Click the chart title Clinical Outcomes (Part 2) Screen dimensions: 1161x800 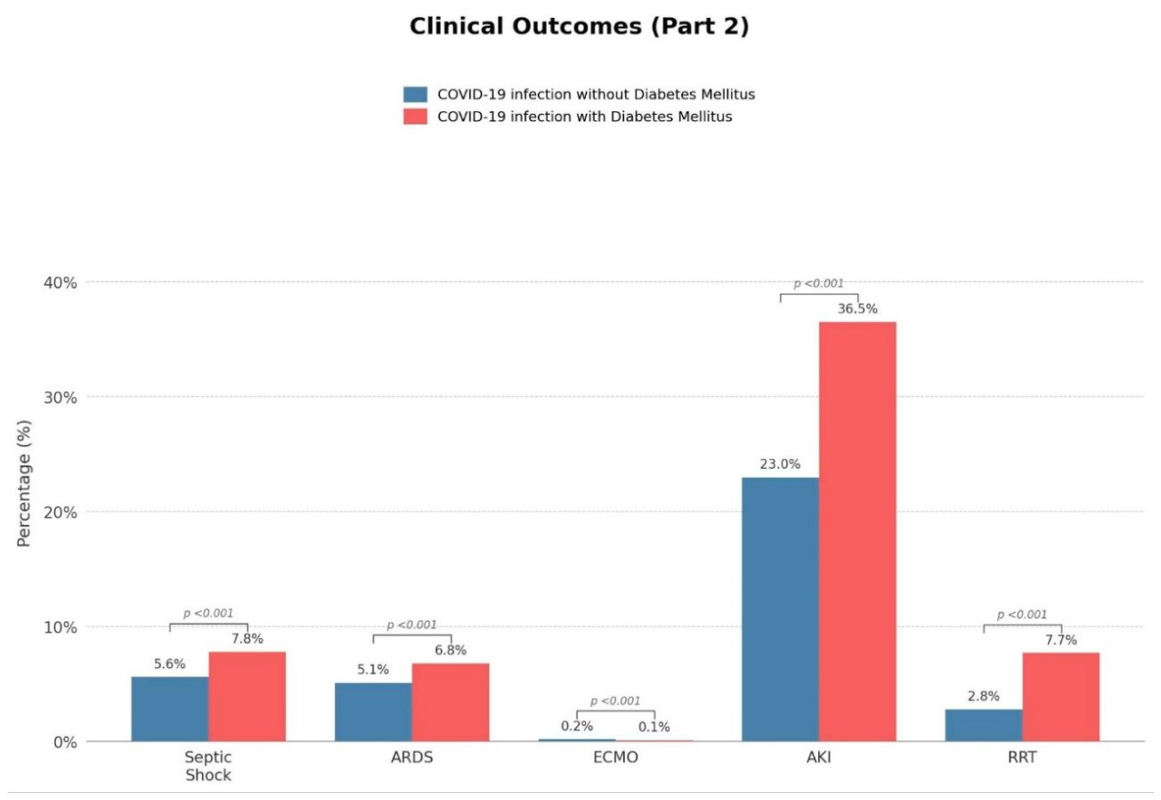(580, 27)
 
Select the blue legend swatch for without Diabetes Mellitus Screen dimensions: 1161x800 (415, 94)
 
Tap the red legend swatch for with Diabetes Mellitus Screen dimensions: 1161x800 (415, 117)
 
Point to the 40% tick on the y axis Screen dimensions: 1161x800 (61, 283)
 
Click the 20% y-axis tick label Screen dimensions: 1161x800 (61, 513)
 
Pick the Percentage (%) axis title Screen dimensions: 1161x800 (24, 483)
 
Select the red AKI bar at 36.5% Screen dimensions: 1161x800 (857, 531)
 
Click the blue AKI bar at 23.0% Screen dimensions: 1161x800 (780, 610)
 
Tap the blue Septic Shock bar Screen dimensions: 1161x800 (169, 709)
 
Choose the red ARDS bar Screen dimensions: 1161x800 (451, 702)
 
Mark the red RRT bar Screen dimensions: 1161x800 (1061, 697)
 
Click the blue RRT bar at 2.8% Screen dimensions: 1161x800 (984, 725)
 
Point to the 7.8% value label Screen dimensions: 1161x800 (248, 639)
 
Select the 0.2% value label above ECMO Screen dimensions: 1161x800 (577, 726)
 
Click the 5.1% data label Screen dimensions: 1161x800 (373, 670)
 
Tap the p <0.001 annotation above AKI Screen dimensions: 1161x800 (819, 283)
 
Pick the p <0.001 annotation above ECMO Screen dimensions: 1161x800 (615, 701)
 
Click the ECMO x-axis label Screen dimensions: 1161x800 (615, 757)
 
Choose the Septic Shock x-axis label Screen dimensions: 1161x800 (208, 766)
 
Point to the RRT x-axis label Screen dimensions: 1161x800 (1022, 757)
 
